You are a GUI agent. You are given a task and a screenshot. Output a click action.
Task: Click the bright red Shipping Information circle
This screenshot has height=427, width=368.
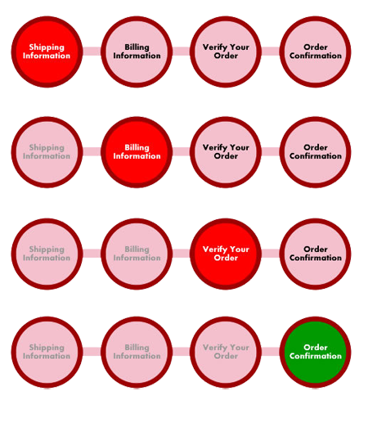coord(47,52)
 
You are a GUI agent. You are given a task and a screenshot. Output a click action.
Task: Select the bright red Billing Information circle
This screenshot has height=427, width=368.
coord(137,152)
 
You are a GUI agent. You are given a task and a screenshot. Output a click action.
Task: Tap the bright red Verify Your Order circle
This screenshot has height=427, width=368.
coord(226,254)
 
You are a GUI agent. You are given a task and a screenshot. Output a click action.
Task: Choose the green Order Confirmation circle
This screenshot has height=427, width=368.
coord(316,352)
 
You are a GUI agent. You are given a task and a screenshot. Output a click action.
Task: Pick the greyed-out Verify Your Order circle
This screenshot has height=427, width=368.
coord(226,352)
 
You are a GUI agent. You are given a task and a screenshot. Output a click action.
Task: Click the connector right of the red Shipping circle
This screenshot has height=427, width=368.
coord(92,52)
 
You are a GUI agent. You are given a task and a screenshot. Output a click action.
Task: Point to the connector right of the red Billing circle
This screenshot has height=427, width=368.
coord(182,151)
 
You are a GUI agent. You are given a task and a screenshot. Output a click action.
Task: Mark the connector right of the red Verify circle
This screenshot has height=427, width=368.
coord(271,254)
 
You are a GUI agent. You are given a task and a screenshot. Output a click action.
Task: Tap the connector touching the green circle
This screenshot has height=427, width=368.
coord(271,352)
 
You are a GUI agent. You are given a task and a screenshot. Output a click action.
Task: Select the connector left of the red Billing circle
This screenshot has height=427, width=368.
coord(92,151)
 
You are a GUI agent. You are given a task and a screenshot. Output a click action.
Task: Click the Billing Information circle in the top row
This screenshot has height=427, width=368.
coord(137,52)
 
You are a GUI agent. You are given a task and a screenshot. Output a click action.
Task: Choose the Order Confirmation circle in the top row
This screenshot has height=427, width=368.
coord(316,52)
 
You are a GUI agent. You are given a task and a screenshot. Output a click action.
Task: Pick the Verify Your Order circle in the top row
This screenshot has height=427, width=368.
coord(226,52)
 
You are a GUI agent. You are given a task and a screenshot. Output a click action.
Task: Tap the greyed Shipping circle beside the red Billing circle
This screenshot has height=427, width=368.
coord(47,152)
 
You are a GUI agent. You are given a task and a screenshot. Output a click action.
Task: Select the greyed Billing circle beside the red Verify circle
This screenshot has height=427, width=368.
coord(137,254)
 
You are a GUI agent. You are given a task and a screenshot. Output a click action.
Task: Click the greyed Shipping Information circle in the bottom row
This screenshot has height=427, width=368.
coord(47,352)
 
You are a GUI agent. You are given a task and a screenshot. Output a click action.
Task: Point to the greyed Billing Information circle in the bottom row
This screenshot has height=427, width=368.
coord(137,352)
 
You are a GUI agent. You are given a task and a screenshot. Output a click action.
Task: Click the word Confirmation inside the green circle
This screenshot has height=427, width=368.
coord(316,356)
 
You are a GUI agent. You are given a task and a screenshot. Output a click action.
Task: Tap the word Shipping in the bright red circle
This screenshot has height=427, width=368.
coord(47,47)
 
